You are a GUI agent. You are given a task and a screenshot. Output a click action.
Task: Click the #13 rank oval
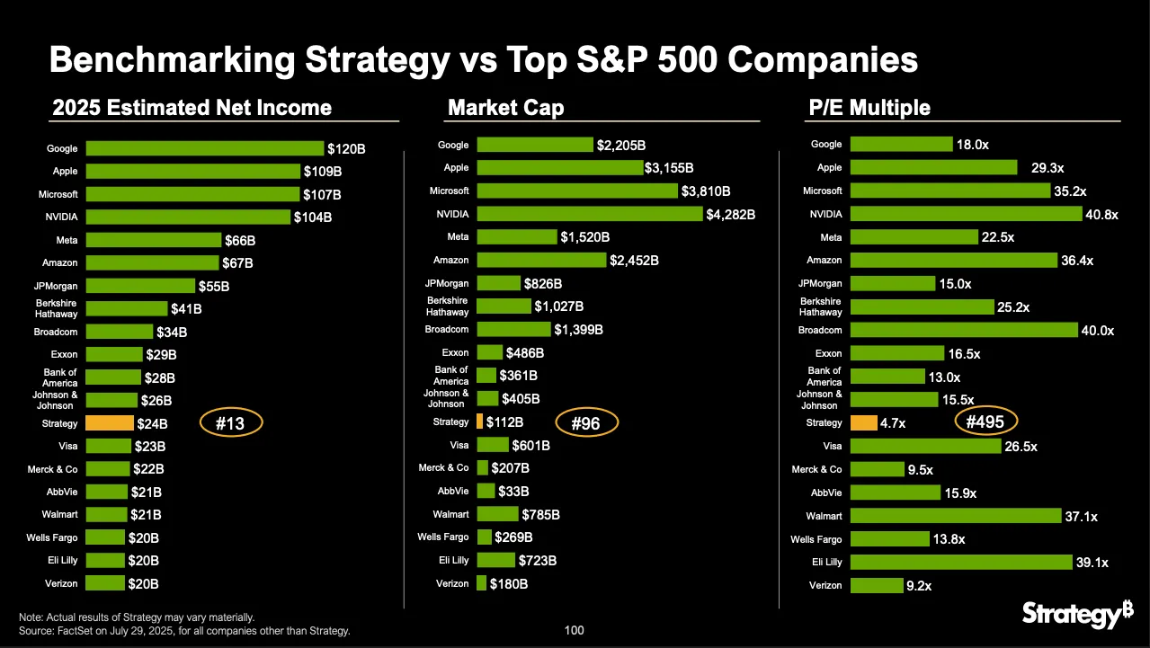(x=230, y=422)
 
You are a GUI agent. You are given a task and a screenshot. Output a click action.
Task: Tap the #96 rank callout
(x=585, y=422)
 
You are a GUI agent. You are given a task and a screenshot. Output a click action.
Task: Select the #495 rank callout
(x=985, y=422)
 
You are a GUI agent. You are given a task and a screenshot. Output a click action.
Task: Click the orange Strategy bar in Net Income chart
(x=110, y=423)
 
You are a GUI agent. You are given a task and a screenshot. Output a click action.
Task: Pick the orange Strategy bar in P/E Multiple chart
(x=864, y=422)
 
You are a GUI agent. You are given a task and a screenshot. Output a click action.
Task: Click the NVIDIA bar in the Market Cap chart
(x=590, y=214)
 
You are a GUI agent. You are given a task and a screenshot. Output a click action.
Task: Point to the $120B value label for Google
(x=346, y=149)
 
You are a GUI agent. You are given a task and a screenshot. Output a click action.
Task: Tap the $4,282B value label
(x=731, y=215)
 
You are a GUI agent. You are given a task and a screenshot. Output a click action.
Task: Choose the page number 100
(x=574, y=630)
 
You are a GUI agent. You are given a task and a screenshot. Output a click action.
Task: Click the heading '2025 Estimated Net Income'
(x=192, y=108)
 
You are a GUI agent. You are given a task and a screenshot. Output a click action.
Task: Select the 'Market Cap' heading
(x=506, y=108)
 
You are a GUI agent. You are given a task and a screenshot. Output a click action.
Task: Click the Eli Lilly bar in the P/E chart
(x=961, y=562)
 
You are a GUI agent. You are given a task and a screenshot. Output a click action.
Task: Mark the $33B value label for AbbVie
(x=513, y=492)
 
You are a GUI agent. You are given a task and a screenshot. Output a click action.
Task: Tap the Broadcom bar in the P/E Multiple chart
(x=964, y=330)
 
